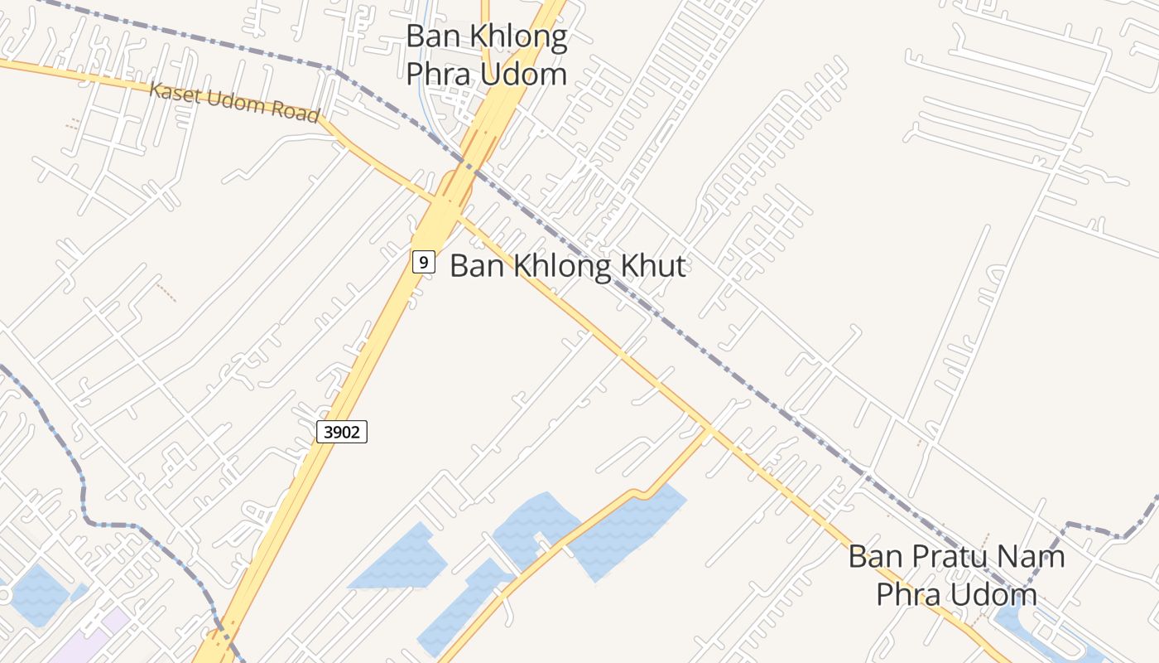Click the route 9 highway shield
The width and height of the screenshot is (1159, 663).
pos(423,263)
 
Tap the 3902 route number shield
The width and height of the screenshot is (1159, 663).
pos(341,431)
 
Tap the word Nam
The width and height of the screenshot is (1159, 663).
pos(1035,556)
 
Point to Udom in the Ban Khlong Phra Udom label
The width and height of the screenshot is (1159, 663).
pos(527,74)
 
